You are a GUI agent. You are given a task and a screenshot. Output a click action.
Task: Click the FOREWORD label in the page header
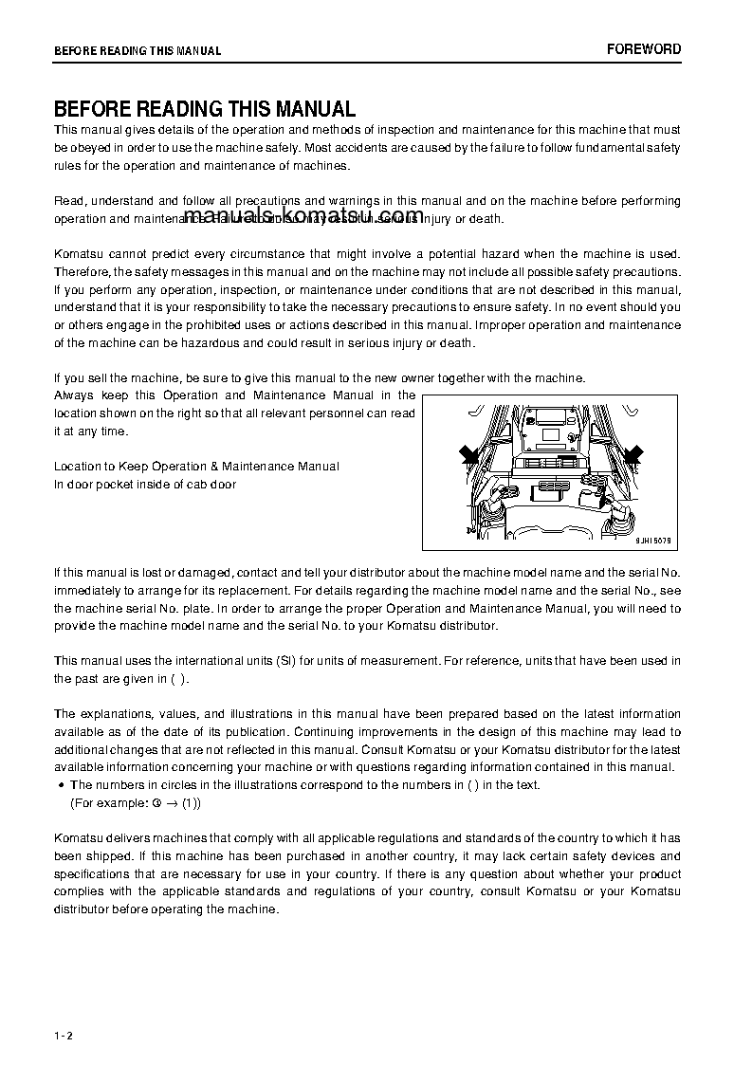[644, 49]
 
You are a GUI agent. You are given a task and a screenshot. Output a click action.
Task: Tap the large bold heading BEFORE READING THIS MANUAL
[205, 109]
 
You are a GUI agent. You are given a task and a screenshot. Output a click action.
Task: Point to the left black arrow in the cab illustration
[469, 456]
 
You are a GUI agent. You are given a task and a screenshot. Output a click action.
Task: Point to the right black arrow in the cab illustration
[632, 455]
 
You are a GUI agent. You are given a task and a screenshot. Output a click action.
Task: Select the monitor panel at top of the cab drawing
[551, 426]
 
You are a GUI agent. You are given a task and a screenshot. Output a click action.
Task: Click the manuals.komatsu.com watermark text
[304, 217]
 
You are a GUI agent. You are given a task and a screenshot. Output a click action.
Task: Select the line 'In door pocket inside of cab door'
[145, 485]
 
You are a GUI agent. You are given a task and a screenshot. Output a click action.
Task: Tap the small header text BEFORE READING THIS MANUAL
[138, 51]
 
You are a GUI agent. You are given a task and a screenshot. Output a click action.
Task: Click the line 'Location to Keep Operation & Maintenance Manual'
[196, 467]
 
